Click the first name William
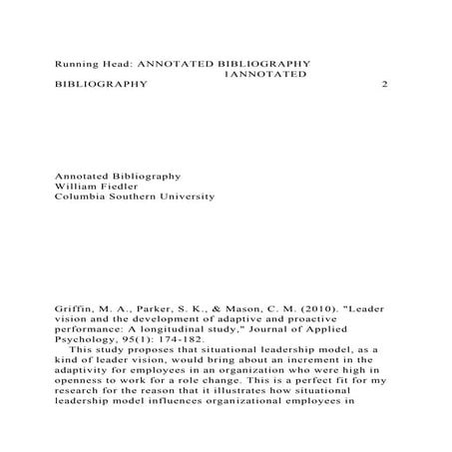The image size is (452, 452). [75, 185]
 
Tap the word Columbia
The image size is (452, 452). [80, 197]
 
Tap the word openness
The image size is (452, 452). [77, 394]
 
